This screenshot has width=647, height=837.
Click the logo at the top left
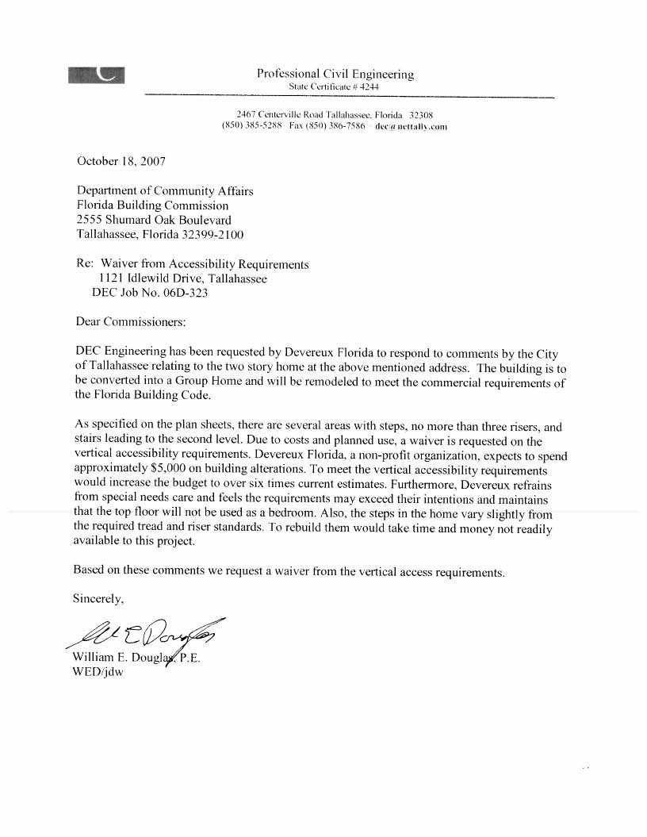click(x=97, y=74)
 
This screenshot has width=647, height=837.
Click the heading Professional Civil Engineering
click(x=335, y=74)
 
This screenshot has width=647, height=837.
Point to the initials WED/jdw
click(x=98, y=672)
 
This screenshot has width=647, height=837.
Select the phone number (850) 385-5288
click(x=253, y=127)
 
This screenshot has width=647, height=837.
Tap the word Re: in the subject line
click(x=84, y=264)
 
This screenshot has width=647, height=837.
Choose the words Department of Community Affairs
click(x=165, y=190)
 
